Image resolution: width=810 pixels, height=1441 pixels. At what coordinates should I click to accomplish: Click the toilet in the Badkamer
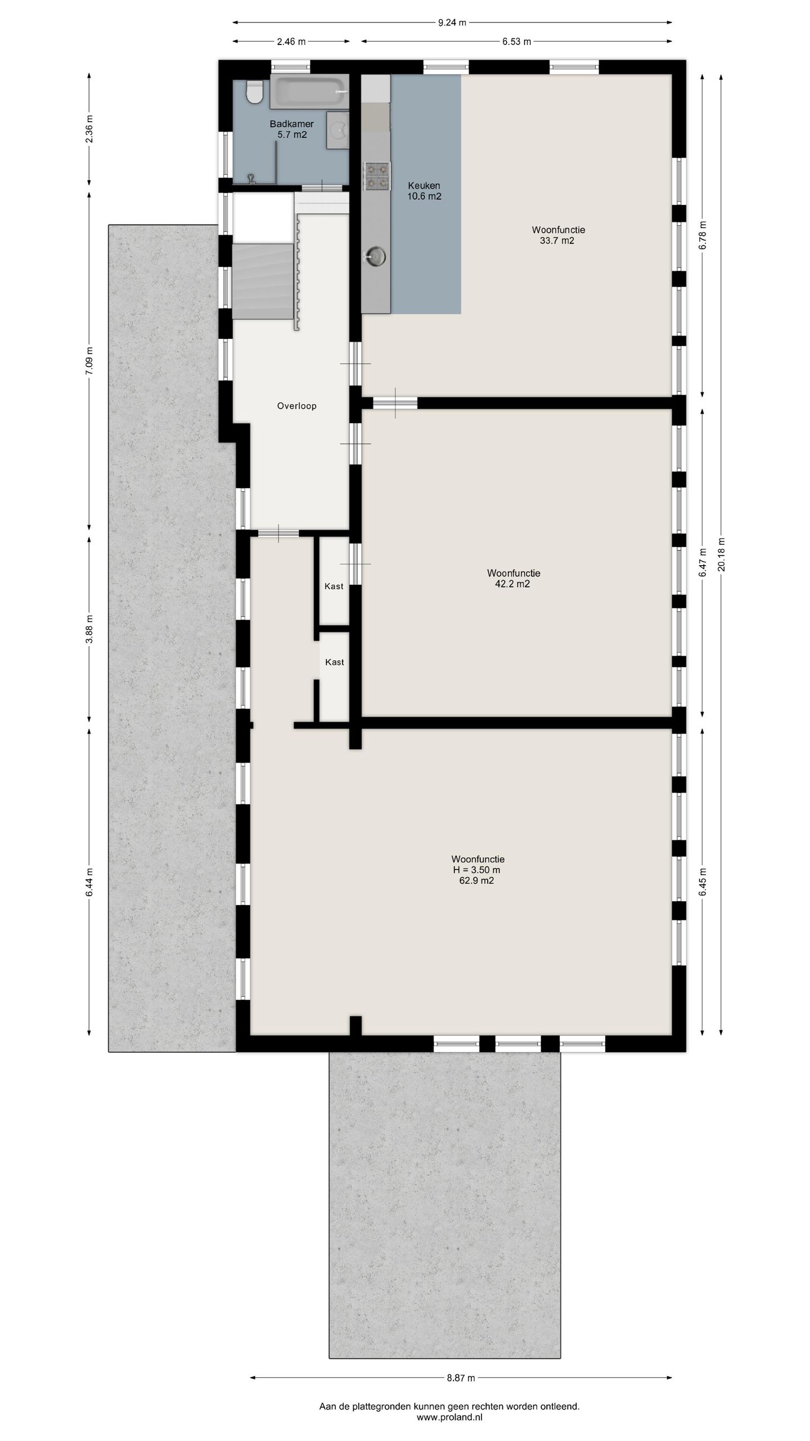coord(255,92)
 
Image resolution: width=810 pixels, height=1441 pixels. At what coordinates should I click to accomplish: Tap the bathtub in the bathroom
coord(309,92)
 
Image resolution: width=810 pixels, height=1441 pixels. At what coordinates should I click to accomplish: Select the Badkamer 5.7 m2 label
coord(291,129)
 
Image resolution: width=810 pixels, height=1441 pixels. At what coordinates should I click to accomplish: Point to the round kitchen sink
coord(375,256)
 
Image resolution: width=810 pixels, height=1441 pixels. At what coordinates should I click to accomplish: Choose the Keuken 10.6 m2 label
coord(424,191)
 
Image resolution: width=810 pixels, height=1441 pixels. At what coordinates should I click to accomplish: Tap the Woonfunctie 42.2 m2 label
coord(514,578)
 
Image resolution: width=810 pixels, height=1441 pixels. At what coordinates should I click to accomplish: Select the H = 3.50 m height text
coord(476,870)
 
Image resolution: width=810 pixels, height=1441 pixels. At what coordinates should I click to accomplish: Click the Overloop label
coord(296,406)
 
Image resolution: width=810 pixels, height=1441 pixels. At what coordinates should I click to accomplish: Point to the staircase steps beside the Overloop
coord(263,281)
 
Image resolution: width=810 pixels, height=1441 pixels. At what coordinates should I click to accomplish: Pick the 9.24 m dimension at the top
coord(452,23)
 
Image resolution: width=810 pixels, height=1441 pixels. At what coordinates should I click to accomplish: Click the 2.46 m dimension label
coord(291,41)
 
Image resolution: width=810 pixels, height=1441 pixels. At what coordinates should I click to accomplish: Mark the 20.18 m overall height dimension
coord(722,554)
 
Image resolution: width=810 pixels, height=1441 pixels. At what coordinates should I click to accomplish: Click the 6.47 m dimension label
coord(703,562)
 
